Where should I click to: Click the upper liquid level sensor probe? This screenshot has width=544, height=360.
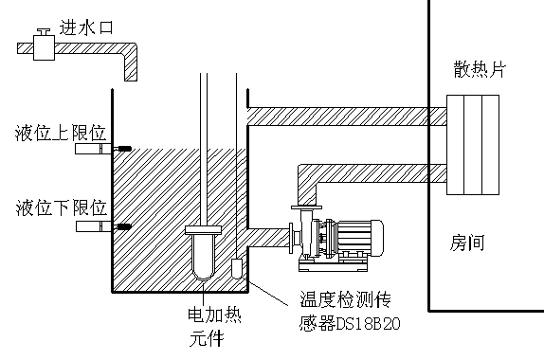click(96, 149)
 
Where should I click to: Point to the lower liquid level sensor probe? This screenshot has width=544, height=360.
click(96, 226)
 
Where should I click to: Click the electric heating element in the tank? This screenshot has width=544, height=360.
click(203, 250)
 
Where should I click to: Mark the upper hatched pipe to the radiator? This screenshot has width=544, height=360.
click(341, 115)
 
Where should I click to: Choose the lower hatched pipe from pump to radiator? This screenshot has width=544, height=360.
click(370, 172)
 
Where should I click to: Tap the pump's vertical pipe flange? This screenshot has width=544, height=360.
click(306, 207)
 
